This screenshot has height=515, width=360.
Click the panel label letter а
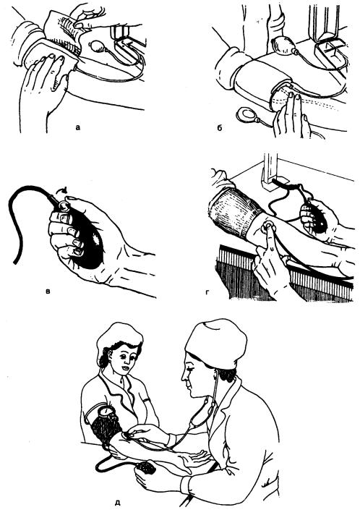tap(77, 127)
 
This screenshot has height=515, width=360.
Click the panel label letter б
tap(220, 127)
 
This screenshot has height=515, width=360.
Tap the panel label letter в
tap(48, 291)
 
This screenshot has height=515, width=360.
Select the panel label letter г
tap(207, 291)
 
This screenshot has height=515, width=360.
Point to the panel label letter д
tap(118, 503)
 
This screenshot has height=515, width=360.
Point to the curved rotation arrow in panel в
tap(61, 190)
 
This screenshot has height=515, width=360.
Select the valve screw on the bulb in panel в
tap(63, 206)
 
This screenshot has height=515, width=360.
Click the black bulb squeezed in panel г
tap(314, 218)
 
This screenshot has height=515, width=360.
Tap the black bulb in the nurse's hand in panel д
tap(146, 467)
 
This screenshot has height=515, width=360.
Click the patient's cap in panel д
tap(119, 336)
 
